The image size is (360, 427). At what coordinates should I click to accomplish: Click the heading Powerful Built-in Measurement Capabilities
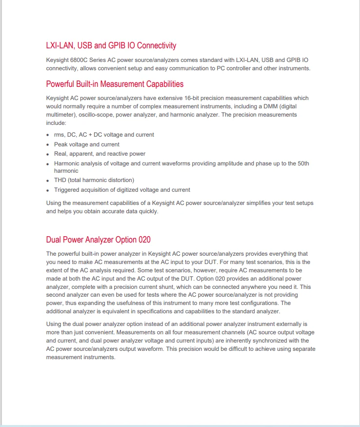(115, 84)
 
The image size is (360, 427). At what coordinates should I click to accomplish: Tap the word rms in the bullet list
(60, 135)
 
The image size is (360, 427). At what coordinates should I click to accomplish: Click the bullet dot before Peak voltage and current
(48, 145)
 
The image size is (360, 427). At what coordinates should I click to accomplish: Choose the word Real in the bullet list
(60, 154)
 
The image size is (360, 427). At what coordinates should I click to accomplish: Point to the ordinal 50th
(303, 163)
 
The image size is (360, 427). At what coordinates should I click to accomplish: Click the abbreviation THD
(61, 180)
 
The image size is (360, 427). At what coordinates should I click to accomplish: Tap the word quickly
(148, 211)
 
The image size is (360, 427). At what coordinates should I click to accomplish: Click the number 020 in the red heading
(144, 240)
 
